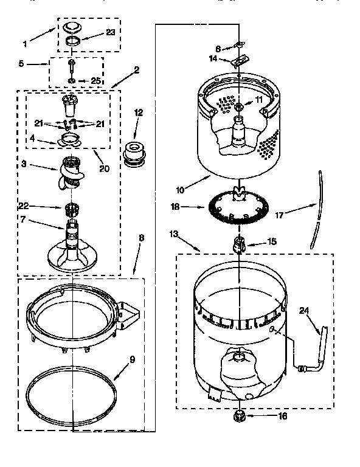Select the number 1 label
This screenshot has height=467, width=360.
25,43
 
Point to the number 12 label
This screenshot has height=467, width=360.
138,112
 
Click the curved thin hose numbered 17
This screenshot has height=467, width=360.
315,210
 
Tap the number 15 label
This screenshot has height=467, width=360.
271,241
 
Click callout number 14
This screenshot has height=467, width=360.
213,59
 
